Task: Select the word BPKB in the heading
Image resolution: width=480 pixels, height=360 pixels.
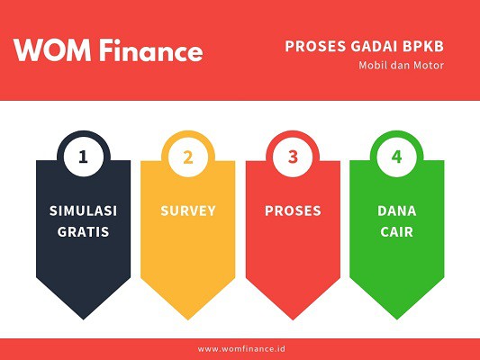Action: pos(423,47)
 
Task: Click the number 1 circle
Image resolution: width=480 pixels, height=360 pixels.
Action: pos(84,157)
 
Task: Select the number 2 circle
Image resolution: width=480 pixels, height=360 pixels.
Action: pos(188,157)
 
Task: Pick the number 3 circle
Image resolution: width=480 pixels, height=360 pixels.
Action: pos(293,157)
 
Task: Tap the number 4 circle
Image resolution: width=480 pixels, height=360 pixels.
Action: pos(397,157)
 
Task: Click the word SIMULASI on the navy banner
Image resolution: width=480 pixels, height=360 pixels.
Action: pos(84,211)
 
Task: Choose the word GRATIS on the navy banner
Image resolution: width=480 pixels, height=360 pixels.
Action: pos(84,231)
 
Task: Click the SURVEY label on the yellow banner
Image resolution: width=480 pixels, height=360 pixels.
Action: pos(188,211)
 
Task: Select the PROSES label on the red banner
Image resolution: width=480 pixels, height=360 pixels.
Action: pos(293,211)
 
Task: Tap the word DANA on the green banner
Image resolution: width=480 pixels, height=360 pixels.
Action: pos(397,211)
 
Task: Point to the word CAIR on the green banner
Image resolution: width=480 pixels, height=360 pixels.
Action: pos(397,231)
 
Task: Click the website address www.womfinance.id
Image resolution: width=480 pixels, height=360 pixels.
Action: pos(240,348)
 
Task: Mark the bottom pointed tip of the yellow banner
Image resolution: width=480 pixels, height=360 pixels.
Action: pos(188,318)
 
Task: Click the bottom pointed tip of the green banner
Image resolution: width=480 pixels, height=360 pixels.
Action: pos(397,318)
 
